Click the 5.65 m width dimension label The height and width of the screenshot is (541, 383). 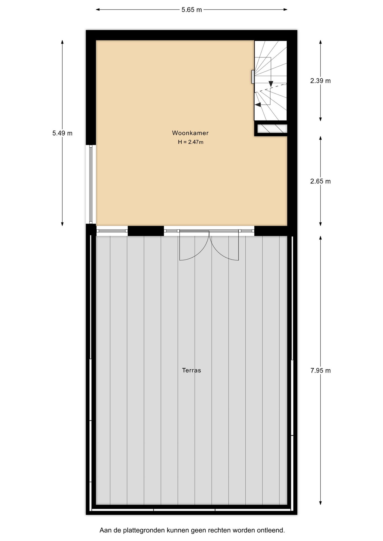pyautogui.click(x=191, y=10)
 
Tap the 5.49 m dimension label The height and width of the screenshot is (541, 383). pyautogui.click(x=62, y=133)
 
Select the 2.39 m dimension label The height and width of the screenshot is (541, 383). pyautogui.click(x=320, y=81)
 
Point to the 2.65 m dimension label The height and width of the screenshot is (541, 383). pyautogui.click(x=320, y=181)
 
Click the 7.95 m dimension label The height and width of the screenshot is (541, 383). pyautogui.click(x=320, y=371)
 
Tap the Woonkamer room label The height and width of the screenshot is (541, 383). pyautogui.click(x=190, y=133)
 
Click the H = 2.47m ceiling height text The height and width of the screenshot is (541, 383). pyautogui.click(x=190, y=142)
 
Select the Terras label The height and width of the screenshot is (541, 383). pyautogui.click(x=191, y=370)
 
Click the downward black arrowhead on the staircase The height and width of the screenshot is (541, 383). pyautogui.click(x=271, y=84)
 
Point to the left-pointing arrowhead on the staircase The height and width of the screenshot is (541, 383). pyautogui.click(x=258, y=105)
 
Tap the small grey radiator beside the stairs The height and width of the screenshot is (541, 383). pyautogui.click(x=253, y=77)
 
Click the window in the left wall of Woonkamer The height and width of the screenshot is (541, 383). pyautogui.click(x=91, y=184)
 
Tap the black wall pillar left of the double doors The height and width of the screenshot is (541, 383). pyautogui.click(x=146, y=231)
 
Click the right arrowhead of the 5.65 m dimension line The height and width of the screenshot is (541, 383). pyautogui.click(x=285, y=10)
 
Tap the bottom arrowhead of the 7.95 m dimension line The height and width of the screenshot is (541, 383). pyautogui.click(x=320, y=503)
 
